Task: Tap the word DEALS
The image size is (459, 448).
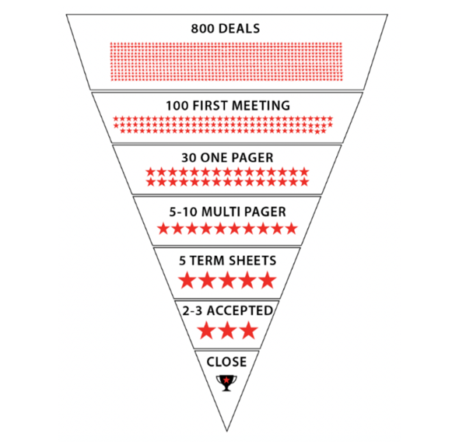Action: (x=239, y=29)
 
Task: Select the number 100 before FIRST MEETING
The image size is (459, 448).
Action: (x=177, y=106)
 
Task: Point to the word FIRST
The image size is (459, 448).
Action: (x=206, y=106)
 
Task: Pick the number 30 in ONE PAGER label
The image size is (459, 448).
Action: (x=189, y=158)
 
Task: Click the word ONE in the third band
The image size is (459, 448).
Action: (x=212, y=158)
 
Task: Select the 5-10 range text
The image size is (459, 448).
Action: (x=184, y=212)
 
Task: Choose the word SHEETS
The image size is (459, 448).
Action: (x=252, y=261)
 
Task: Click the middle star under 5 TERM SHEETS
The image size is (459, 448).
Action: (x=227, y=280)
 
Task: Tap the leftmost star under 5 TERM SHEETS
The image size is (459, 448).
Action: (x=187, y=280)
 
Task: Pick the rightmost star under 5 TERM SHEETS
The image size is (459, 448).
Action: (x=268, y=280)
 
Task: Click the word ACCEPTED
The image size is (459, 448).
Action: (x=240, y=311)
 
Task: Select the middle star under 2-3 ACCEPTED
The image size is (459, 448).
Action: (x=227, y=331)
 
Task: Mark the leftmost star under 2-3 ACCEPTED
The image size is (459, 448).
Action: (x=206, y=331)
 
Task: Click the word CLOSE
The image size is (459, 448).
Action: (x=226, y=362)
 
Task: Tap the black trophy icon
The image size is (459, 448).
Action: (x=226, y=383)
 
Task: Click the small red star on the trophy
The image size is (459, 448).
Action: (x=226, y=380)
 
